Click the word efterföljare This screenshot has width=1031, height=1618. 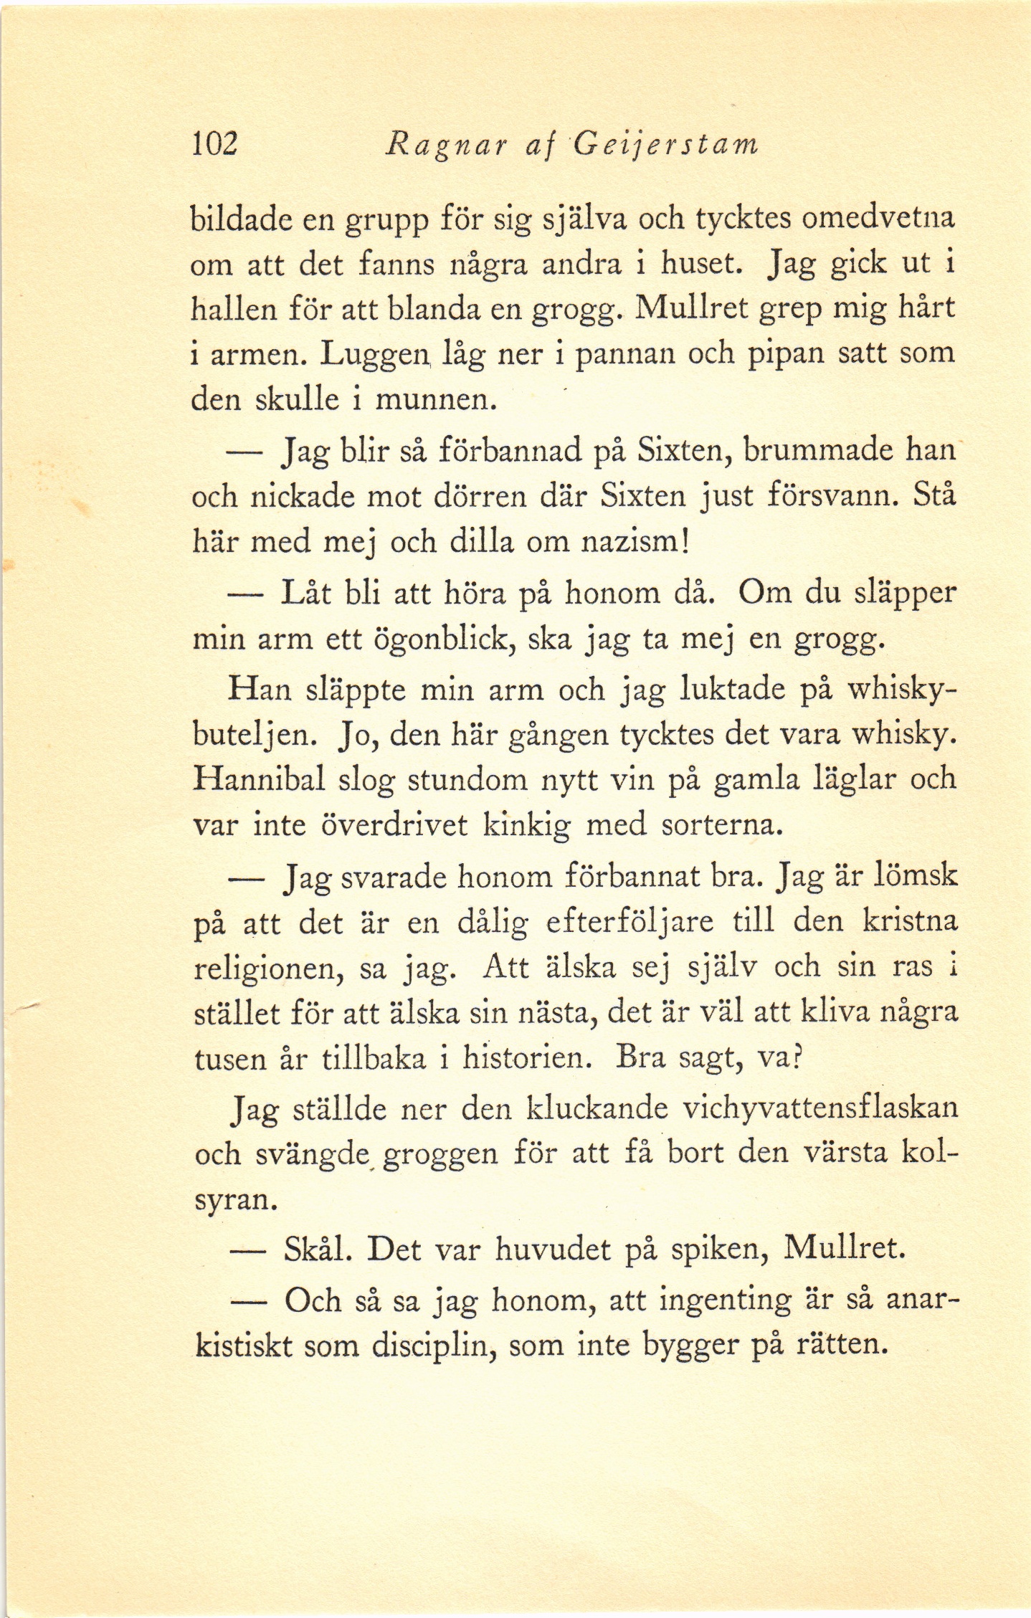click(629, 922)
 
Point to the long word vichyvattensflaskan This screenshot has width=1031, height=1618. click(819, 1108)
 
